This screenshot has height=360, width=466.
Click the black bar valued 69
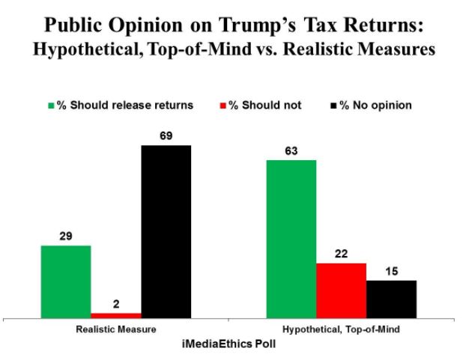(x=166, y=231)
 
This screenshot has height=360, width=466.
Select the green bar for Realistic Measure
(x=66, y=281)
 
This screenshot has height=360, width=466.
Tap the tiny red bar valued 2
(x=116, y=315)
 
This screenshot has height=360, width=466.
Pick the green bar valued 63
(x=291, y=239)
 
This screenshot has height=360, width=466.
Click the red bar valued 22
(x=341, y=290)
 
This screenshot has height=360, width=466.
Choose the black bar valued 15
(x=391, y=299)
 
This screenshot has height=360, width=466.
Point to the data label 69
(x=166, y=136)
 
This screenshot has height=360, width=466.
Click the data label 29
(x=66, y=237)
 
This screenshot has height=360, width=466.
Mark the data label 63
(x=291, y=151)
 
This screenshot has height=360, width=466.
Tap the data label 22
(x=341, y=254)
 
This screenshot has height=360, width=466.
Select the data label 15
(x=391, y=272)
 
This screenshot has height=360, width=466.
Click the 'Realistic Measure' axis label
(x=116, y=329)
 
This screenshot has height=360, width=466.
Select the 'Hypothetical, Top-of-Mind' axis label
(x=341, y=329)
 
